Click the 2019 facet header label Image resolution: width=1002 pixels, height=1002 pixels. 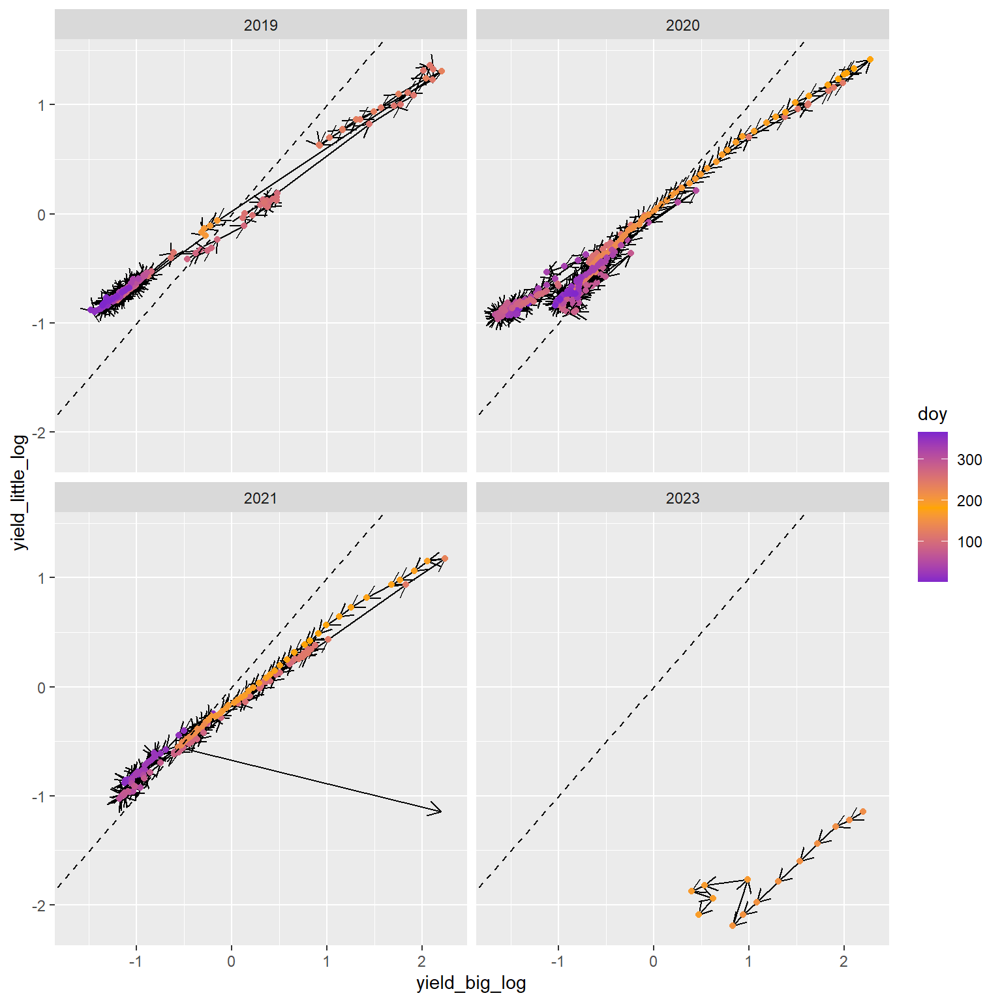click(260, 25)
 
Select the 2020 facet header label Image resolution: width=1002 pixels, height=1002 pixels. click(682, 25)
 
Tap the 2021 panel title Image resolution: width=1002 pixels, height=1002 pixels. click(260, 498)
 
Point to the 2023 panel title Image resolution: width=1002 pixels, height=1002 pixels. click(682, 498)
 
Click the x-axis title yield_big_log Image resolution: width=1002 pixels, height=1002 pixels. click(471, 983)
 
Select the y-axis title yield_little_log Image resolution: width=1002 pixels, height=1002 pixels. click(21, 493)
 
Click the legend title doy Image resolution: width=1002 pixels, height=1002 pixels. click(932, 414)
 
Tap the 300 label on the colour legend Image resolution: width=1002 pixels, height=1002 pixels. click(969, 460)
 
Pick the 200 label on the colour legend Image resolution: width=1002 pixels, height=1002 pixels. click(969, 501)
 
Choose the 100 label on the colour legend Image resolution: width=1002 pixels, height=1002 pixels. click(969, 542)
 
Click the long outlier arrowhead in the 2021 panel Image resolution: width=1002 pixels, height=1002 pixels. click(441, 812)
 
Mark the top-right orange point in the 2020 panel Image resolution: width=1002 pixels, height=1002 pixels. click(870, 59)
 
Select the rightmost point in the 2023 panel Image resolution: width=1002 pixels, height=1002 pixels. click(862, 812)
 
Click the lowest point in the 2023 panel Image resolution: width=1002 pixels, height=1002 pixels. click(733, 926)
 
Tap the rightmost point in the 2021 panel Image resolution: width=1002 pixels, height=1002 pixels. click(445, 558)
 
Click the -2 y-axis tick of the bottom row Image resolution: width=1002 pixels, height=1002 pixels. click(41, 905)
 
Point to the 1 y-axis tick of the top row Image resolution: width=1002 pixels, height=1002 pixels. click(41, 105)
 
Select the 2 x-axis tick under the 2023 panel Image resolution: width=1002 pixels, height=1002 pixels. click(843, 962)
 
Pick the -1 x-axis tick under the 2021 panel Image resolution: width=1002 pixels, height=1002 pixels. click(136, 962)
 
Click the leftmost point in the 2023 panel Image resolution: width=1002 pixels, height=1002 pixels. click(691, 891)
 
